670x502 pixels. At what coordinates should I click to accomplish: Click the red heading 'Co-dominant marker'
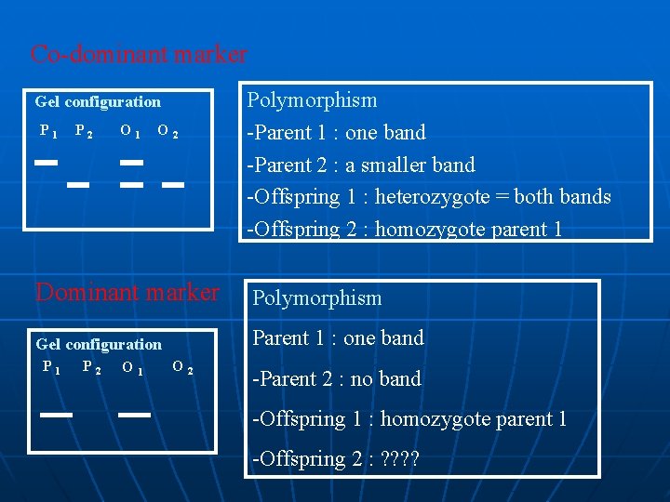(x=139, y=54)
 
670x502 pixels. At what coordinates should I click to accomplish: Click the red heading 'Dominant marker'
(x=127, y=293)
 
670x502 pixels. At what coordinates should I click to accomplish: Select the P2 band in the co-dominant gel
(x=78, y=184)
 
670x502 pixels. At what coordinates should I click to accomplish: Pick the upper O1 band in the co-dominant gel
(x=131, y=162)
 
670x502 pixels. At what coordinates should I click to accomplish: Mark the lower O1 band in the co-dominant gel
(x=131, y=184)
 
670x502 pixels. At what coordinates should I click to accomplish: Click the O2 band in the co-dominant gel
(x=171, y=184)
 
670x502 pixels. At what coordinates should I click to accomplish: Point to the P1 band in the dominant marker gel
(x=57, y=415)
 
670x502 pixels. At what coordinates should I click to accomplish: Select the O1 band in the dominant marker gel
(x=135, y=415)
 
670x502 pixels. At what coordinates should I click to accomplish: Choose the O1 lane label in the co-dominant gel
(x=130, y=133)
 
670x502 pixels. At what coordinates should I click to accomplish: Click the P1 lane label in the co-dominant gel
(x=48, y=133)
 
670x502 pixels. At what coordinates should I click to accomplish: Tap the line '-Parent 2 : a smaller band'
(x=360, y=165)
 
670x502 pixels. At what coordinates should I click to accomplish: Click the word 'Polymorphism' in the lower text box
(x=317, y=298)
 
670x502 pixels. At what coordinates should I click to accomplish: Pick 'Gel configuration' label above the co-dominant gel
(x=98, y=102)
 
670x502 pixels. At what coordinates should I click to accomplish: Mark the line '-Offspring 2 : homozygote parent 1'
(x=404, y=229)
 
